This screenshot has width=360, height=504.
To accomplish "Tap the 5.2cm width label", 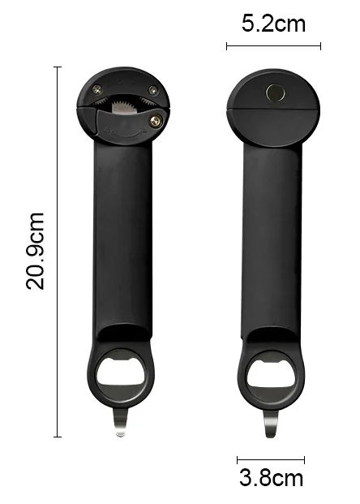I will coord(274,24).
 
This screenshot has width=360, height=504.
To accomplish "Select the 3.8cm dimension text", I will coord(271,478).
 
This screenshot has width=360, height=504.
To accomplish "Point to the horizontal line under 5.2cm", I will coord(273,46).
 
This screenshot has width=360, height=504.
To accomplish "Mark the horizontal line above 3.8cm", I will coord(271,460).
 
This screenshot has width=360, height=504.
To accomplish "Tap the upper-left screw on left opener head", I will coord(97,89).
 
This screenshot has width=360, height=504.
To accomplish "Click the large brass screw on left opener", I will coord(156,121).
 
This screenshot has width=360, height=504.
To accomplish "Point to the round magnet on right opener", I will coord(276,93).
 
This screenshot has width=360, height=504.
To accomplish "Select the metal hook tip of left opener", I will coord(120,425).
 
